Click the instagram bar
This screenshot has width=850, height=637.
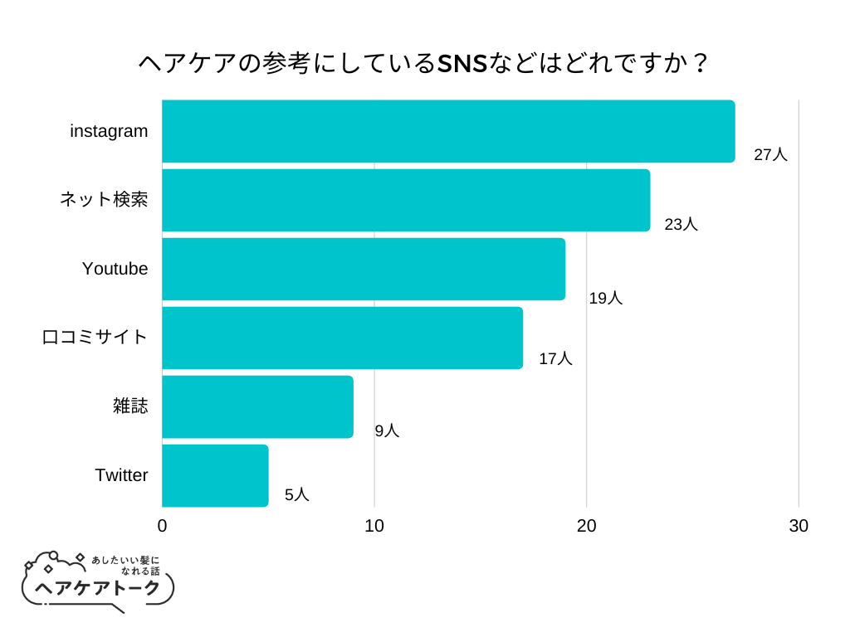point(448,131)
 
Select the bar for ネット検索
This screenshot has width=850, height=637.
point(406,200)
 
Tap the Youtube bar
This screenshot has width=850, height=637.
point(364,269)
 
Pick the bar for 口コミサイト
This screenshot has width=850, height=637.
point(342,338)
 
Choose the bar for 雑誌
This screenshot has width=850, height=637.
point(257,406)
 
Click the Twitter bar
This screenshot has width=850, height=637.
point(215,475)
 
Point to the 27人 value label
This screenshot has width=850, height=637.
point(770,154)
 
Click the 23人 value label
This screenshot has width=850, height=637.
point(681,224)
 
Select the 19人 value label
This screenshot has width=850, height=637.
point(605,299)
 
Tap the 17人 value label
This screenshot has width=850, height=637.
point(555,359)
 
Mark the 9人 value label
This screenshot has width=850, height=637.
point(387,430)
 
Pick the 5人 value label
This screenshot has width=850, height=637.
point(296,495)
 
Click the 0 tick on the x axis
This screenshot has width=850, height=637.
point(162,526)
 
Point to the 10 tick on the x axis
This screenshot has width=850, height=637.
point(374,526)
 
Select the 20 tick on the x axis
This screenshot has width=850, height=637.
point(587,526)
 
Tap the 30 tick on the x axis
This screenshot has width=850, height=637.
point(799,526)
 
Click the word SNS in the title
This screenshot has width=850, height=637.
point(462,64)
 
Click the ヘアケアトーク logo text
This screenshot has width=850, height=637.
point(98,588)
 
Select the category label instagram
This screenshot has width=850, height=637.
point(109,131)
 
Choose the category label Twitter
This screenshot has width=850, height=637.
point(121,475)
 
